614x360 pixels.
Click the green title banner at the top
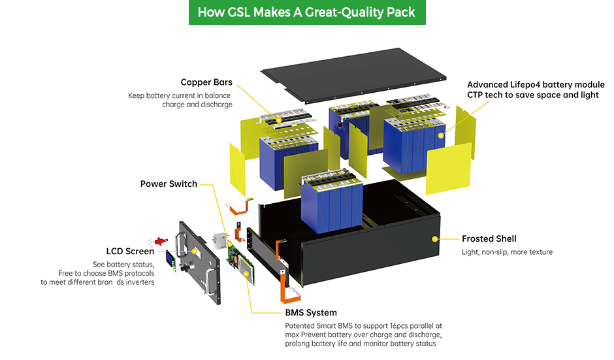click(x=307, y=12)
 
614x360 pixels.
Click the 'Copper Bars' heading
click(x=206, y=82)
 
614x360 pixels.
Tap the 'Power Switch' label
click(x=169, y=184)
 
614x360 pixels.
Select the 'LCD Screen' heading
click(x=130, y=251)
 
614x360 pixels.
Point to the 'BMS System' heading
click(x=311, y=312)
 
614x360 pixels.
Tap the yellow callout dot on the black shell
click(x=434, y=239)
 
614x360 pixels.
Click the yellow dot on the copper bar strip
click(x=279, y=120)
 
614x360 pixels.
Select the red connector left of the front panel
click(x=157, y=241)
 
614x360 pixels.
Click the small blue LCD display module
click(x=171, y=259)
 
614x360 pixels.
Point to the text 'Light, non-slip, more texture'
click(x=507, y=252)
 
